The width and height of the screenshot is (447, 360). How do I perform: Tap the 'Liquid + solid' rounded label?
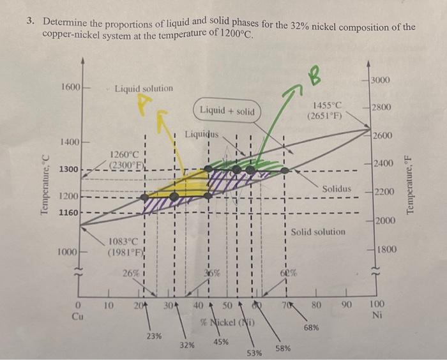coord(226,112)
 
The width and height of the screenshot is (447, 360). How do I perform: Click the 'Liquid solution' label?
coord(143,88)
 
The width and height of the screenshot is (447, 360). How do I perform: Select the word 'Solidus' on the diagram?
coord(336,189)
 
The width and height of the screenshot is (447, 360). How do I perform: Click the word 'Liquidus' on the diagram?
coord(201,135)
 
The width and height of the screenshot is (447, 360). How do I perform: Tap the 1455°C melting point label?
coord(328,110)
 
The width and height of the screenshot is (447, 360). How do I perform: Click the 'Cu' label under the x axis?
coord(77,316)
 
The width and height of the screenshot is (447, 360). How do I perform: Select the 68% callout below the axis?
coord(312,327)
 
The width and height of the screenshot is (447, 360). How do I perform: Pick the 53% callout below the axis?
coord(254,352)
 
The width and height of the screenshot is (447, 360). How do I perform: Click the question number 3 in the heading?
coord(30,22)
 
